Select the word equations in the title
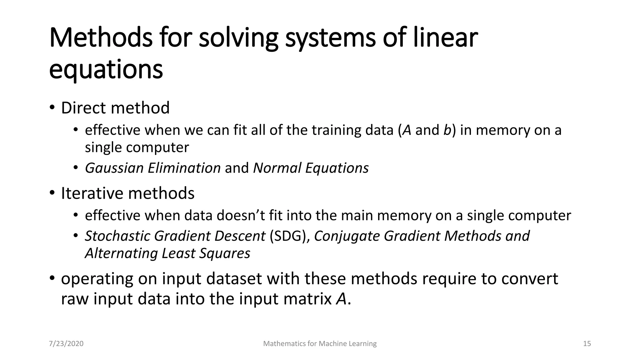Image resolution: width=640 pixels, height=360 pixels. (x=106, y=69)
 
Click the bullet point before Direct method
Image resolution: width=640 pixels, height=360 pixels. (x=52, y=108)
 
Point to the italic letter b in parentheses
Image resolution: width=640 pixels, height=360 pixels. (x=447, y=130)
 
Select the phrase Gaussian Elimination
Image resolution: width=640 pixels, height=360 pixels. (x=153, y=168)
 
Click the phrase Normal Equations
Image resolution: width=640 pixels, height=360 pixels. (x=311, y=168)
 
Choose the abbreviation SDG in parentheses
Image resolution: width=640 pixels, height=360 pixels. (x=287, y=236)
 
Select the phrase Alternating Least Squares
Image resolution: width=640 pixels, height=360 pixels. (x=167, y=253)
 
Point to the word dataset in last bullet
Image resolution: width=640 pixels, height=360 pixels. (x=234, y=278)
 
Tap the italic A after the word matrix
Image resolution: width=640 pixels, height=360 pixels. (x=341, y=299)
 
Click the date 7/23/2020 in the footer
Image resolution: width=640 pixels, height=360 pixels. (x=66, y=344)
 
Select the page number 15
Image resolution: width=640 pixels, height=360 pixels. (x=587, y=344)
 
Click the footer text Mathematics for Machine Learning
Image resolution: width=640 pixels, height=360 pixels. (x=320, y=344)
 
